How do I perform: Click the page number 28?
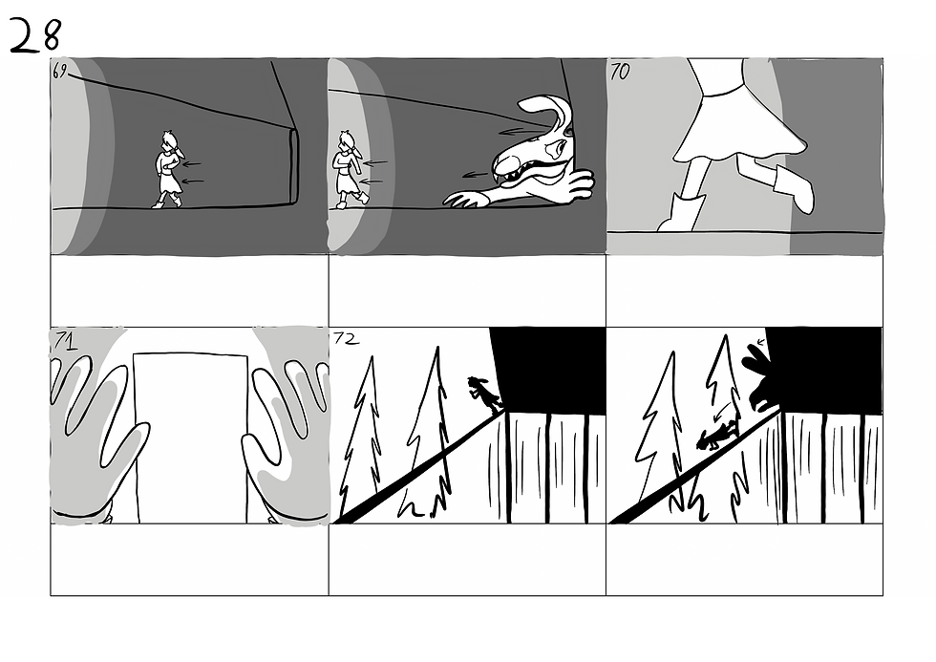pyautogui.click(x=34, y=35)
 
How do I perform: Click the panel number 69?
pyautogui.click(x=59, y=73)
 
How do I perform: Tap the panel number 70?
pyautogui.click(x=620, y=72)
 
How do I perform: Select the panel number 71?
pyautogui.click(x=65, y=340)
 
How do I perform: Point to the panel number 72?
pyautogui.click(x=346, y=339)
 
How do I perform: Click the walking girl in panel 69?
pyautogui.click(x=168, y=169)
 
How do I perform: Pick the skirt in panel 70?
pyautogui.click(x=740, y=122)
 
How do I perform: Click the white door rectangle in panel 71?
pyautogui.click(x=190, y=438)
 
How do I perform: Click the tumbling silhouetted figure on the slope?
pyautogui.click(x=717, y=437)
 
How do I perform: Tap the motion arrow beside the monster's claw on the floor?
pyautogui.click(x=476, y=175)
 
